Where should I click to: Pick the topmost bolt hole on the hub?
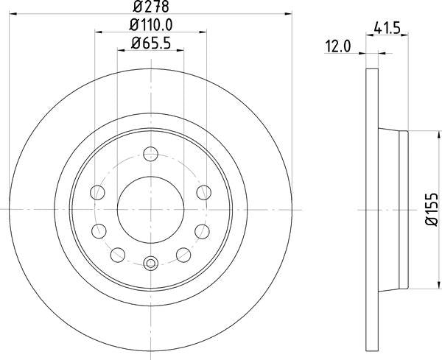(150, 155)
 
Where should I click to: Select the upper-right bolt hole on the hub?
(203, 193)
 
